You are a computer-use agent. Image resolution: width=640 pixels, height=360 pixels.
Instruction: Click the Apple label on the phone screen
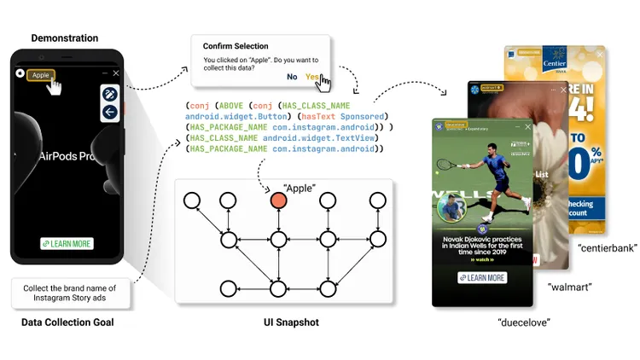click(x=40, y=75)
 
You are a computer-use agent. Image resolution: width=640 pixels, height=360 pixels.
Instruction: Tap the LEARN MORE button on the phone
click(x=67, y=244)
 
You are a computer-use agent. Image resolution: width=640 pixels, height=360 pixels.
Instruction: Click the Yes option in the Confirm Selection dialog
click(x=313, y=77)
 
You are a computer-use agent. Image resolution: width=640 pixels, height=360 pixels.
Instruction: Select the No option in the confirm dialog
click(x=292, y=77)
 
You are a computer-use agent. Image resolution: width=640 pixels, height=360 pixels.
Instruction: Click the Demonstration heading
click(x=65, y=38)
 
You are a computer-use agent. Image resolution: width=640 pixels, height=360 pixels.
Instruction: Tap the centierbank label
click(x=607, y=248)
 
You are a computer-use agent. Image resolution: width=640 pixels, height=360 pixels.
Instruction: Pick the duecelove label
click(x=523, y=322)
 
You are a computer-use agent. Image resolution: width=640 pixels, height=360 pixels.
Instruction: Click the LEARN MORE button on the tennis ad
click(x=482, y=278)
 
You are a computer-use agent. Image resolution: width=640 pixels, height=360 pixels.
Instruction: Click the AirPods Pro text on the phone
click(x=68, y=157)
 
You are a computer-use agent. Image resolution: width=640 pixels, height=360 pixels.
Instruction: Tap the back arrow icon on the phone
click(x=109, y=113)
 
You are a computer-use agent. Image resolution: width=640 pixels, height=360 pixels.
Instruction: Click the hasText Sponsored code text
click(x=350, y=116)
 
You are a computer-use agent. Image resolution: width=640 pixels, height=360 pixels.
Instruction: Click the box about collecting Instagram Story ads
click(x=71, y=291)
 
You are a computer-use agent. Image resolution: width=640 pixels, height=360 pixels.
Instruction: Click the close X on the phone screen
click(x=116, y=73)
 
